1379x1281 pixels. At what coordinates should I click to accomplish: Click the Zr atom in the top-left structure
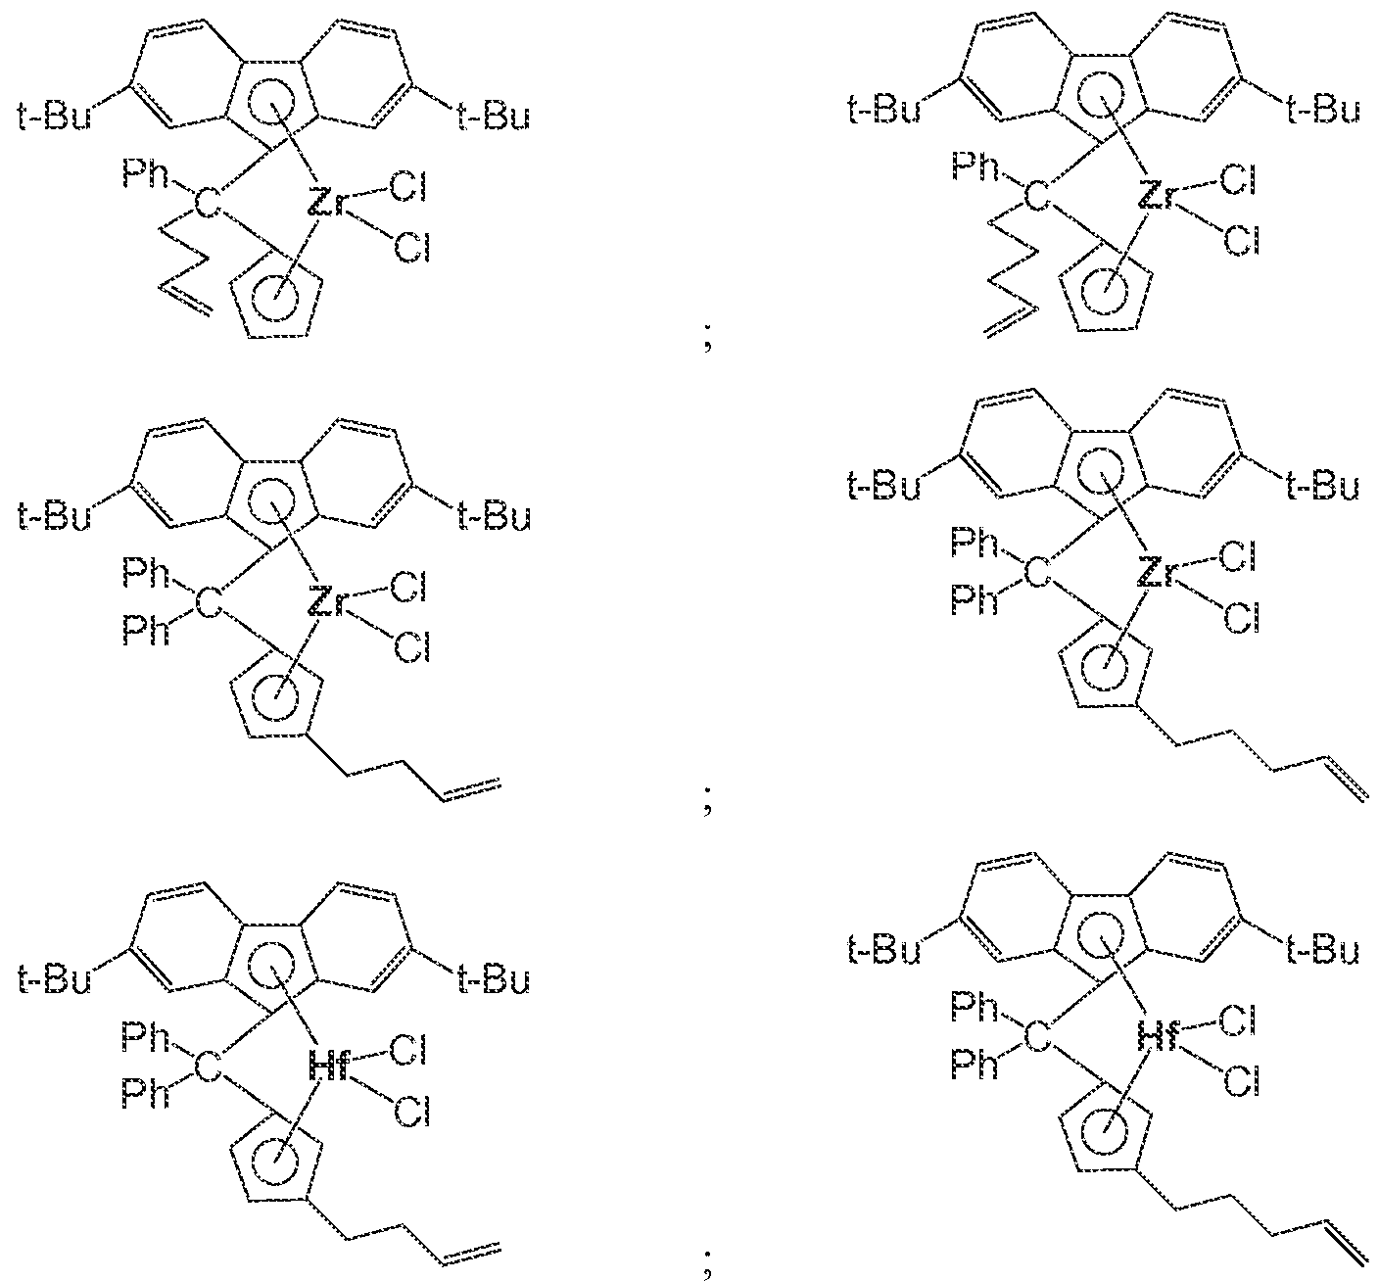pos(328,202)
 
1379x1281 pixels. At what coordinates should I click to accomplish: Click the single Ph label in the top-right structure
pos(975,167)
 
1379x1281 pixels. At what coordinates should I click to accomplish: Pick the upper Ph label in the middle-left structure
pos(146,574)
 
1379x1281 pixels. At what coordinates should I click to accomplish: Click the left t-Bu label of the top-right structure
pos(883,110)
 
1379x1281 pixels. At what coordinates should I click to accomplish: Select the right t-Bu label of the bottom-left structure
pos(494,980)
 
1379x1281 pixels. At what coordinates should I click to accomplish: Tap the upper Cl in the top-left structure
pos(408,188)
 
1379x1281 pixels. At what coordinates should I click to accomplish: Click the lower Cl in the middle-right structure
pos(1240,617)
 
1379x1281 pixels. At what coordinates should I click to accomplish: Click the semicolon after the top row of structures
pos(707,341)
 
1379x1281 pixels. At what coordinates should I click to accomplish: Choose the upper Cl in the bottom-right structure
pos(1238,1021)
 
